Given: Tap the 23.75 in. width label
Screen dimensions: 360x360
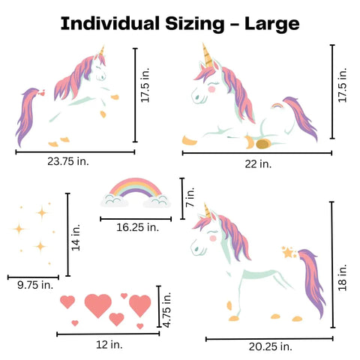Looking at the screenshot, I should [x=74, y=160].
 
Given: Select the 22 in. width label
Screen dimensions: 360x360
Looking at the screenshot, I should [x=256, y=163].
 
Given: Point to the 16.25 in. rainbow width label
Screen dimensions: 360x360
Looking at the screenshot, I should [x=137, y=226].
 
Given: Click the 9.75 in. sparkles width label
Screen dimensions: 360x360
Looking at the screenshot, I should [x=35, y=284].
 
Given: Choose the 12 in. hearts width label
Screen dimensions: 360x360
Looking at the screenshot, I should [x=109, y=344].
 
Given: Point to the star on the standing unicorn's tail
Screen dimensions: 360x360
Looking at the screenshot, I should [x=288, y=252].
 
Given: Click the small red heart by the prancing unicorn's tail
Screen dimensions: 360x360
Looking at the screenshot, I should [x=44, y=94].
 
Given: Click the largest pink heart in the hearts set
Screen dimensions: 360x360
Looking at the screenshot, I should [x=98, y=304].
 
